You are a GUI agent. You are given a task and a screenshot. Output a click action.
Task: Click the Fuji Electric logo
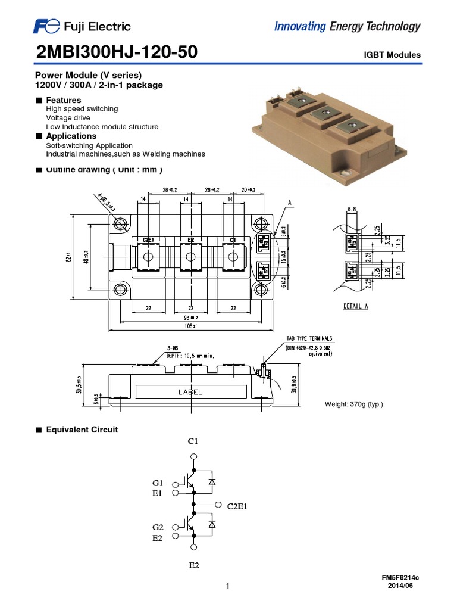point(82,26)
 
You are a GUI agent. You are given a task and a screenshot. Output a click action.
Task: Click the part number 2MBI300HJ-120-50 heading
point(117,54)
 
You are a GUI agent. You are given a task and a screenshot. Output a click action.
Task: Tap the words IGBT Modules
point(392,55)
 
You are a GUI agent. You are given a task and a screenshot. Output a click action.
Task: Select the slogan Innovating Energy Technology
point(347,26)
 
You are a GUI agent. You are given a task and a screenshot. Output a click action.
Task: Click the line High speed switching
point(82,109)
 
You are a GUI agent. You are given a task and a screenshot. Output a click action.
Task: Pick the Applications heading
point(71,136)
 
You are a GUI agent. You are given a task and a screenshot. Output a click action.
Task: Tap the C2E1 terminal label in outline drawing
point(148,239)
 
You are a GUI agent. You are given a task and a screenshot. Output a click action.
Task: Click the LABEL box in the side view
point(190,392)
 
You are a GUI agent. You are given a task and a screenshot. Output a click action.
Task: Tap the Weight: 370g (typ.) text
point(353,405)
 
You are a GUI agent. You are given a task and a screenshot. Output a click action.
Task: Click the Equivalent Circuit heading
point(82,430)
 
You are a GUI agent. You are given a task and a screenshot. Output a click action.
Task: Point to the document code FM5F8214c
point(404,578)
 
